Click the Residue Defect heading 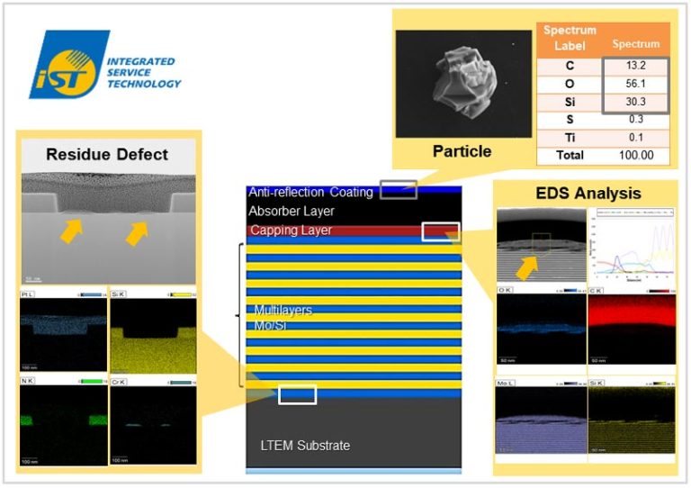pyautogui.click(x=107, y=154)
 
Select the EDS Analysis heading pyautogui.click(x=587, y=193)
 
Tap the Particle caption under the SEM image pyautogui.click(x=462, y=150)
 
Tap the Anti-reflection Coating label pyautogui.click(x=310, y=192)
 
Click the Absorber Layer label pyautogui.click(x=291, y=211)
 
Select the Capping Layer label pyautogui.click(x=291, y=230)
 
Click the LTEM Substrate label pyautogui.click(x=300, y=446)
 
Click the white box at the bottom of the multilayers pyautogui.click(x=297, y=394)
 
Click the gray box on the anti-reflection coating pyautogui.click(x=398, y=189)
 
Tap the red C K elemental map pyautogui.click(x=631, y=328)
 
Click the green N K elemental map pyautogui.click(x=62, y=420)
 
